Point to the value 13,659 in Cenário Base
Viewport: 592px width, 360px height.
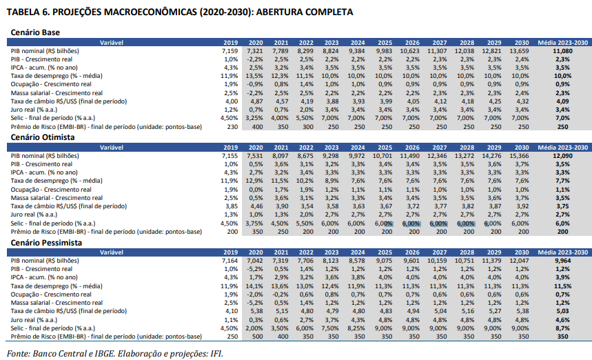point(518,51)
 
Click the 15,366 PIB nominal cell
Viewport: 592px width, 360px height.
point(518,156)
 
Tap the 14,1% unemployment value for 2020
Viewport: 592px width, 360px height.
point(256,286)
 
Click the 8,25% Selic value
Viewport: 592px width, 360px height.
point(356,329)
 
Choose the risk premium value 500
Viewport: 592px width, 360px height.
point(257,337)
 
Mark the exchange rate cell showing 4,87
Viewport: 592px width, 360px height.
point(257,101)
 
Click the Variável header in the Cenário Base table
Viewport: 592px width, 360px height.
point(111,43)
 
